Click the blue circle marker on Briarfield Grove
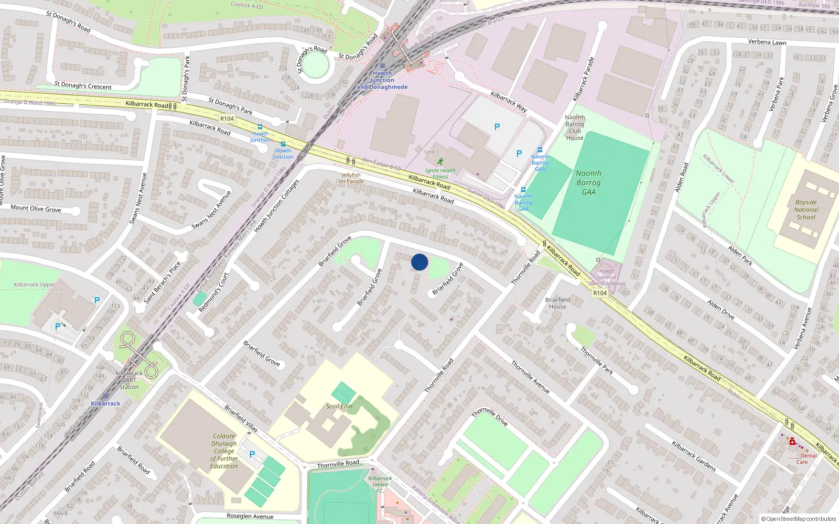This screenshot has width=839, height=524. click(x=419, y=262)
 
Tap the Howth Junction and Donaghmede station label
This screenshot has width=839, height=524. click(x=382, y=80)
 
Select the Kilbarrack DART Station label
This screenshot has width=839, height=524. click(x=129, y=380)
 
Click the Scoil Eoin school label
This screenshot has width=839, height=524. click(x=339, y=406)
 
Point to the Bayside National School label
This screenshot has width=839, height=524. click(x=806, y=210)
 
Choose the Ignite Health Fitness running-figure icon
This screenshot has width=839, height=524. click(x=440, y=161)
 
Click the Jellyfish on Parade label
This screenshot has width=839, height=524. click(x=351, y=178)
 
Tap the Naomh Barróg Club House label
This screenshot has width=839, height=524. click(x=575, y=128)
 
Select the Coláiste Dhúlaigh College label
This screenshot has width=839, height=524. click(x=224, y=451)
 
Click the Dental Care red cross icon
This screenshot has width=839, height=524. click(x=792, y=442)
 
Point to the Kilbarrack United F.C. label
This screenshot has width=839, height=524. click(x=380, y=484)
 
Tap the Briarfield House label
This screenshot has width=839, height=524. click(x=557, y=303)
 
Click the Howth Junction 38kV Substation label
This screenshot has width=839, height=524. click(x=606, y=277)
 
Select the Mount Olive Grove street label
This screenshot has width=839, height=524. click(x=36, y=208)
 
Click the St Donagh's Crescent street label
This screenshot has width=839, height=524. click(x=83, y=85)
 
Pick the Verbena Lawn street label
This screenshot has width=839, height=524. click(x=767, y=42)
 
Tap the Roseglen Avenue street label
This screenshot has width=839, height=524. click(x=250, y=516)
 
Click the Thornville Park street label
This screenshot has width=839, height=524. click(x=597, y=361)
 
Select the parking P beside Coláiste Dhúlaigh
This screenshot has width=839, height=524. click(x=252, y=454)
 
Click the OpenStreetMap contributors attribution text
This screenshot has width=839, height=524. click(x=799, y=519)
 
